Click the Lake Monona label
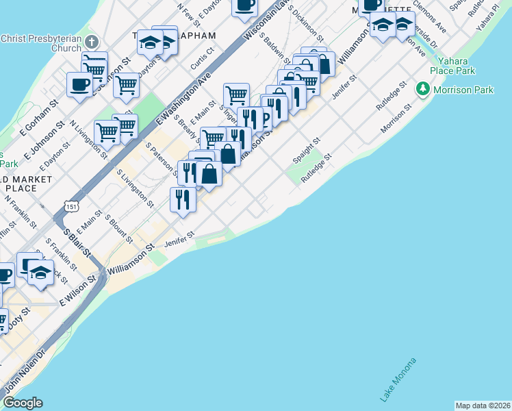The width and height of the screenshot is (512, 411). click(x=398, y=380)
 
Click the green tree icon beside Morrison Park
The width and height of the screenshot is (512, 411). click(x=424, y=89)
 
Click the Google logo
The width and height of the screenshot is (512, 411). click(x=23, y=403)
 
